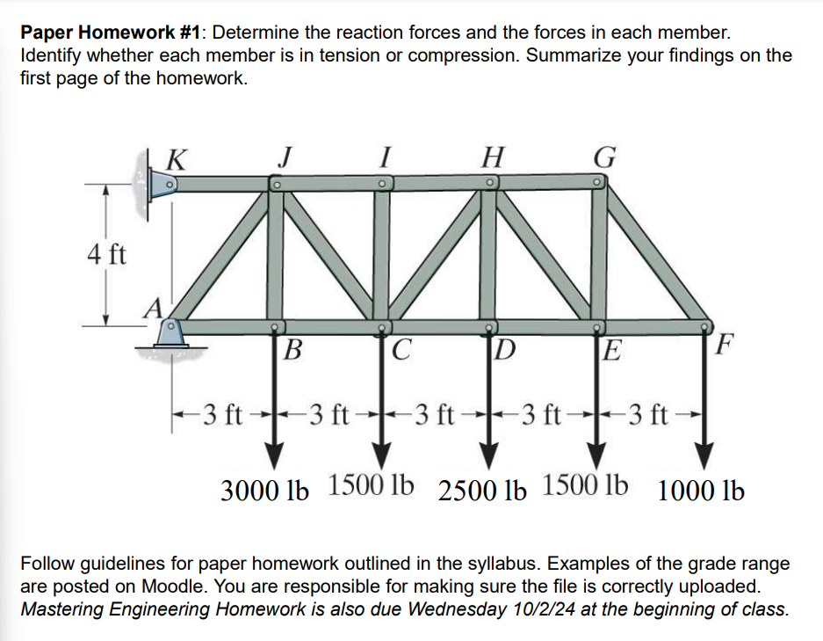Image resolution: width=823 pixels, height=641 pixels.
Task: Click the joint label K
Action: (x=176, y=159)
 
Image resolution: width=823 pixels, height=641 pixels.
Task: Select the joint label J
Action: (x=284, y=157)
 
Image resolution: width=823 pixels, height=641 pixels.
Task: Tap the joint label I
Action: (x=384, y=157)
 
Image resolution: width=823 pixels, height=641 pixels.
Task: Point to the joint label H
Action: (x=494, y=157)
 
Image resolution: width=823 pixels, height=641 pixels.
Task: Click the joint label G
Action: (x=605, y=157)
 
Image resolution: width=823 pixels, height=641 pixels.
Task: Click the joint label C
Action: (x=400, y=352)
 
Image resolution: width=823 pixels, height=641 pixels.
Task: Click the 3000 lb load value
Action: (x=264, y=490)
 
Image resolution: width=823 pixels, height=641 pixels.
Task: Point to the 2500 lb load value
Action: (x=481, y=490)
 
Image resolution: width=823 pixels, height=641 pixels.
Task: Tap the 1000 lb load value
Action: (x=700, y=490)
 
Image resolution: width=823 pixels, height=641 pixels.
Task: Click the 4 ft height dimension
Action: (x=107, y=256)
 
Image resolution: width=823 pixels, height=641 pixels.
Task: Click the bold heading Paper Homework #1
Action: (x=111, y=33)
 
